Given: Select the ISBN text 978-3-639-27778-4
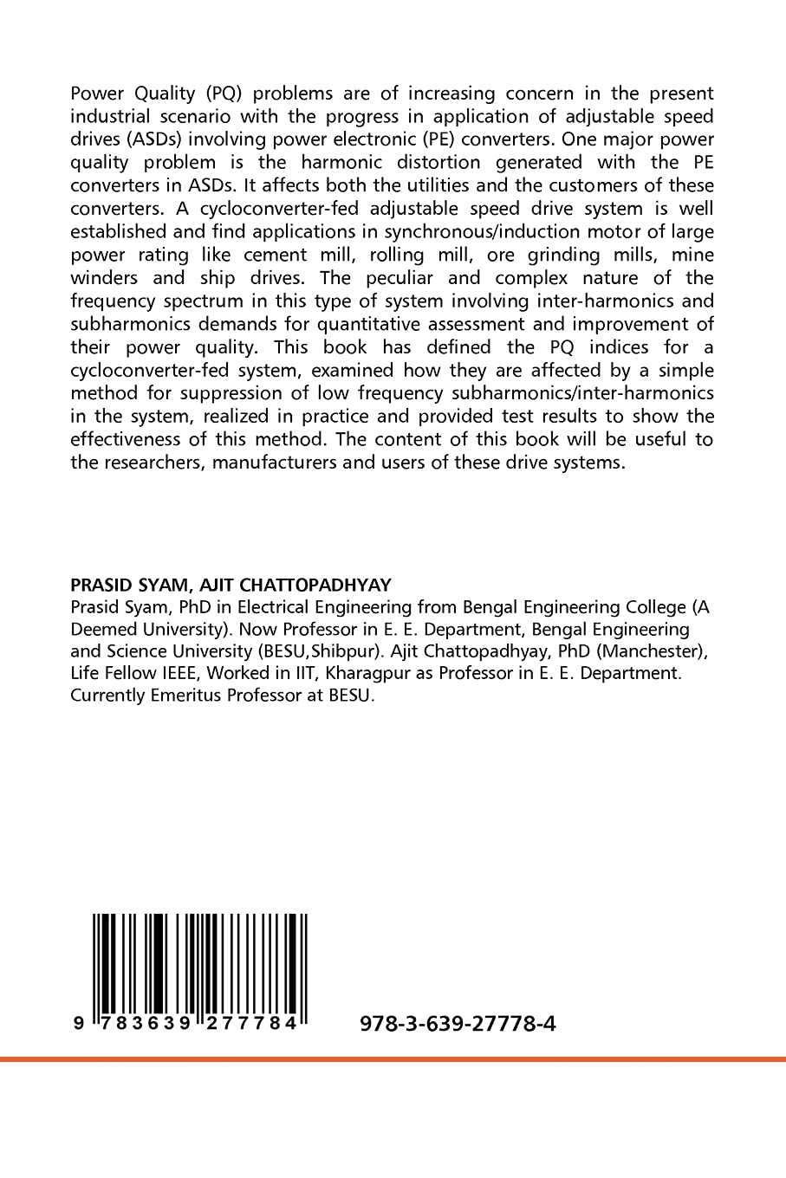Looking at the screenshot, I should coord(457,1024).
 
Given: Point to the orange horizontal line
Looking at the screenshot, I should coord(393,1058).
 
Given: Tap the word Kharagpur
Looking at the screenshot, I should coord(368,673).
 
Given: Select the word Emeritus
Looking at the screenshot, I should coord(181,696).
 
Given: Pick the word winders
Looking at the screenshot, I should coord(104,278).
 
